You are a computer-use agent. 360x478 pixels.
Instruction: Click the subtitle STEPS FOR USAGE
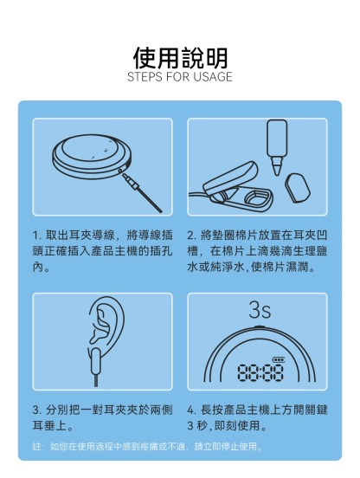179,77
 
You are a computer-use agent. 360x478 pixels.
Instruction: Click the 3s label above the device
259,308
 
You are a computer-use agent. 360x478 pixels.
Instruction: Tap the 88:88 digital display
260,373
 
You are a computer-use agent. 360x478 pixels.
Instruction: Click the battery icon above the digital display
279,358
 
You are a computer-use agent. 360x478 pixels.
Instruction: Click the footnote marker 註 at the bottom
36,448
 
